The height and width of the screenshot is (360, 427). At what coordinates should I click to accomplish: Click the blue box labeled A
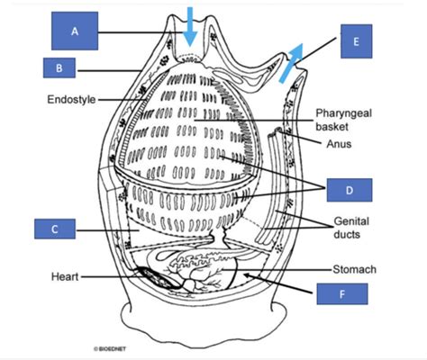(75, 31)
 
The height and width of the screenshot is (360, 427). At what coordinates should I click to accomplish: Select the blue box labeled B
(59, 67)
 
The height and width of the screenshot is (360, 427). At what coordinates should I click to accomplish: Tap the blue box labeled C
(55, 229)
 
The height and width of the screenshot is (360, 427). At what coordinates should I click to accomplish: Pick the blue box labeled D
(350, 190)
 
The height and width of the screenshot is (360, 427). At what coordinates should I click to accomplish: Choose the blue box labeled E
(356, 41)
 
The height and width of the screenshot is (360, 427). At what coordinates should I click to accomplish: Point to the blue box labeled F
(342, 293)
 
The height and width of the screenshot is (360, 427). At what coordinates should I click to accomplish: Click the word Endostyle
(71, 99)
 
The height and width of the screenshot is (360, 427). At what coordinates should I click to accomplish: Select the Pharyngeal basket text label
(343, 120)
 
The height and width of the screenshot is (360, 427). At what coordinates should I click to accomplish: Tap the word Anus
(339, 144)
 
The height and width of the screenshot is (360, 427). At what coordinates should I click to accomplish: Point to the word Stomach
(354, 269)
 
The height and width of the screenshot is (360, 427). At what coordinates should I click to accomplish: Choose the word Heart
(65, 276)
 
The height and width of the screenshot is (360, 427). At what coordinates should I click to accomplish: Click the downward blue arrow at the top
(190, 26)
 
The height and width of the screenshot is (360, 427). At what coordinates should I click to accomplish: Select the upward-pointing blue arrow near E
(291, 63)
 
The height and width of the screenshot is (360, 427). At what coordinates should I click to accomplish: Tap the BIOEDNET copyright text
(110, 349)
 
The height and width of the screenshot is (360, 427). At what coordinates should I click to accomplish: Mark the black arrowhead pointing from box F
(247, 274)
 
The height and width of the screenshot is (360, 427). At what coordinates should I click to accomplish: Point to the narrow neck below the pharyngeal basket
(220, 236)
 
